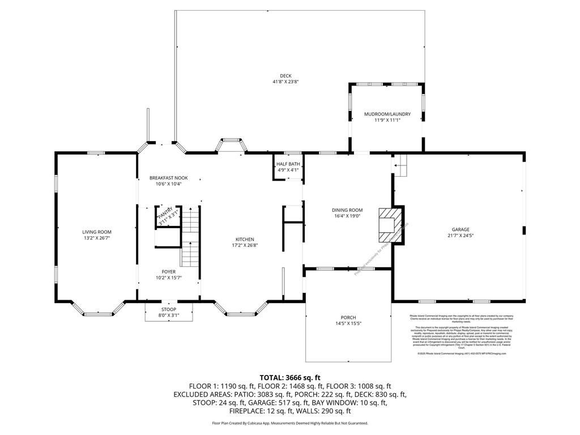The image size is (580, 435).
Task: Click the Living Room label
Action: pos(97,232)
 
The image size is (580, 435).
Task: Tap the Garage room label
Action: pos(460,229)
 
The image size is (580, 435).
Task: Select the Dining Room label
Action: pos(347,210)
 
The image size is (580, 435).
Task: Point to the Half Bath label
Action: pos(287,164)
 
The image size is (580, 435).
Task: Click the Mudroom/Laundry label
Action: pos(387,114)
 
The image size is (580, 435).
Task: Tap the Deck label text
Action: pos(285,76)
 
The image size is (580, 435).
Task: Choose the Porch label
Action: pos(348,317)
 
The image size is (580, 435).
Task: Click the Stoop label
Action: pos(168,309)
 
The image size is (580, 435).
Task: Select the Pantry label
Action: pos(167,211)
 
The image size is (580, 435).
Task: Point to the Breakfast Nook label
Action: pos(168,178)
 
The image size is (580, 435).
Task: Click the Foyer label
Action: pos(168,272)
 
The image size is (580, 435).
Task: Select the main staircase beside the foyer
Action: pos(190,235)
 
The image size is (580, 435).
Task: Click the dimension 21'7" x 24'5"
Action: pos(460,235)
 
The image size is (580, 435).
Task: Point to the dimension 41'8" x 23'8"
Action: pos(285,82)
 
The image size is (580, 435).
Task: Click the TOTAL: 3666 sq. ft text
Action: pos(290,377)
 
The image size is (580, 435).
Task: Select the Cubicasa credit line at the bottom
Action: pos(290,423)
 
